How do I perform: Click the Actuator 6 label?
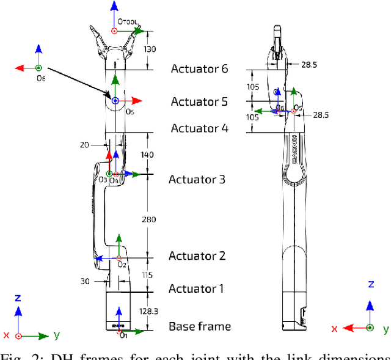pyautogui.click(x=199, y=68)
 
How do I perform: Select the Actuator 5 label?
pyautogui.click(x=199, y=101)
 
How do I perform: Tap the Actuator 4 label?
pyautogui.click(x=199, y=128)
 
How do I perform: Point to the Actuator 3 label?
pyautogui.click(x=197, y=179)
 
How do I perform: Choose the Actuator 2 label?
pyautogui.click(x=197, y=255)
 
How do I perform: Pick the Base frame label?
pyautogui.click(x=200, y=326)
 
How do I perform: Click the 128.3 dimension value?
pyautogui.click(x=148, y=312)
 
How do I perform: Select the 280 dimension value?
pyautogui.click(x=148, y=219)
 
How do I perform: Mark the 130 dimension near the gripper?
pyautogui.click(x=149, y=50)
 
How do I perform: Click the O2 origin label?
pyautogui.click(x=122, y=264)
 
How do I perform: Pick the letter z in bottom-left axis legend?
pyautogui.click(x=18, y=298)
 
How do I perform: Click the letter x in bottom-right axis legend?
pyautogui.click(x=334, y=329)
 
